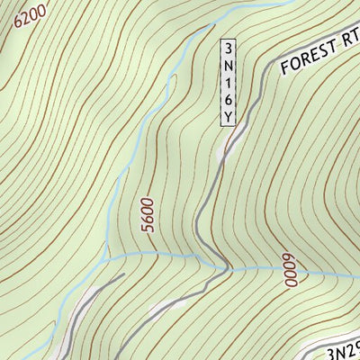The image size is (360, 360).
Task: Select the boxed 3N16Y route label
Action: tap(229, 82)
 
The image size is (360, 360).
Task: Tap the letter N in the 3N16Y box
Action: tap(229, 65)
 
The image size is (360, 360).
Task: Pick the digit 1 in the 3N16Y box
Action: tap(229, 82)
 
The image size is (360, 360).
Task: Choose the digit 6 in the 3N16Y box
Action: tap(229, 98)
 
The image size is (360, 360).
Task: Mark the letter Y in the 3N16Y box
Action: tap(229, 115)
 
